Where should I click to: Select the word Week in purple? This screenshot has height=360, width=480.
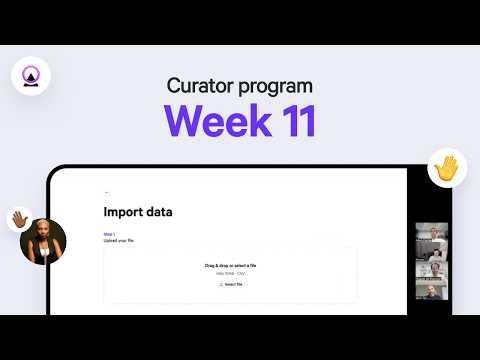pos(209,121)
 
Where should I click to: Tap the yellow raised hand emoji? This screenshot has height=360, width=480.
pos(447,168)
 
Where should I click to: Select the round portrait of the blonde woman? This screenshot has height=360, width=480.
pos(44,241)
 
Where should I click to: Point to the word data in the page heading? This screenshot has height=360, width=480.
pos(160,212)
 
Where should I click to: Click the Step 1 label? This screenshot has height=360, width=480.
pos(109,234)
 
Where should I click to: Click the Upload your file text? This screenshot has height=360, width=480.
pos(118,241)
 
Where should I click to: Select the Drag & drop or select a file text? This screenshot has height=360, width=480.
pos(229,265)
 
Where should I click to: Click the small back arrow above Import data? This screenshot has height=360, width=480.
pos(106,191)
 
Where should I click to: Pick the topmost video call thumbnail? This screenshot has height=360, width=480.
pos(432,231)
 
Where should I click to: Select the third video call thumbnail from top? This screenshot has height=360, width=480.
pos(432,270)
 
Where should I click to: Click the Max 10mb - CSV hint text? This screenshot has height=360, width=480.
pos(229,273)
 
